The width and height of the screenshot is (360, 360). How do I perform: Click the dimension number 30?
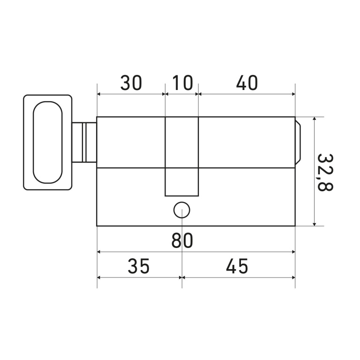coord(131,82)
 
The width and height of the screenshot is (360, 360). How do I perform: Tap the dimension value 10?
coord(182,82)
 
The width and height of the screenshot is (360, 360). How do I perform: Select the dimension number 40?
coord(247,82)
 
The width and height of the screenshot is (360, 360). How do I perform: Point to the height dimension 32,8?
coord(325,172)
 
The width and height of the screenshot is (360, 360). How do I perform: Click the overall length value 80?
coord(182,240)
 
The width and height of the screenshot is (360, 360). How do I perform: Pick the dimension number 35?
coord(138,266)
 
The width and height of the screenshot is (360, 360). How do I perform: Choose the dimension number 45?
coord(237,266)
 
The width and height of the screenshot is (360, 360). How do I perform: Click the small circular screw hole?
coord(181,210)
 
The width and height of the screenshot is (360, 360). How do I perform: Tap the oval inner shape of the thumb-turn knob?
coord(47,142)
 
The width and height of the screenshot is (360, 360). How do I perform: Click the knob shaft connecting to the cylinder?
coord(84,142)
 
